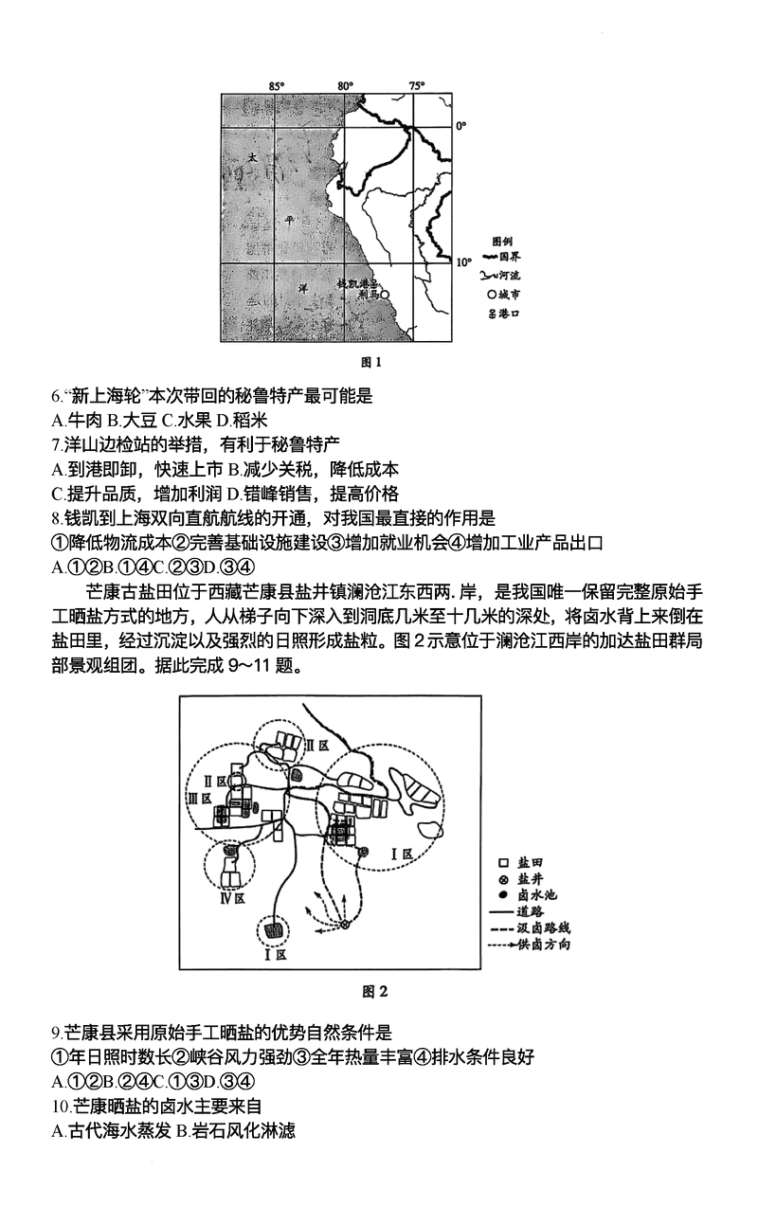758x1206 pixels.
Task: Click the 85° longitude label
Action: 277,86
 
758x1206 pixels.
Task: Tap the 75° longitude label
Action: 416,86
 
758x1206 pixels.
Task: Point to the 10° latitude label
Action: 463,261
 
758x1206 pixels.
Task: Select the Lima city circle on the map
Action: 384,295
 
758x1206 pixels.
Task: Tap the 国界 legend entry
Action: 501,256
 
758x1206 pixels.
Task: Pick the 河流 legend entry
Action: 501,275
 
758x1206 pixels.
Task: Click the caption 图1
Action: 371,362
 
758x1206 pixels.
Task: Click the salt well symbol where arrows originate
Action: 345,924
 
